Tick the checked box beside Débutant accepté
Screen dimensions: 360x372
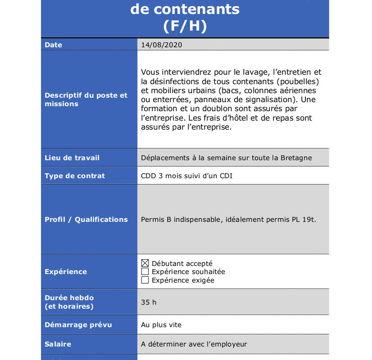(x=145, y=263)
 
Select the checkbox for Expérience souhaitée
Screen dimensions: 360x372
(x=145, y=271)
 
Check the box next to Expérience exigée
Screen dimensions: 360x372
(x=145, y=280)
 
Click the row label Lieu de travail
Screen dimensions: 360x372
(x=72, y=158)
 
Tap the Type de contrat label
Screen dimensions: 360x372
(x=75, y=176)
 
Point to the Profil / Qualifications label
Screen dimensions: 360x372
(x=86, y=220)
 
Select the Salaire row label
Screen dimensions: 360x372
(x=58, y=344)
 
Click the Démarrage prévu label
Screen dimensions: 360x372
(x=78, y=325)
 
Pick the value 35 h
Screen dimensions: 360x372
(x=149, y=302)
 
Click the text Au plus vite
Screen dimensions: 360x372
(x=161, y=325)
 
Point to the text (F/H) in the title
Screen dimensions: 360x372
(x=185, y=26)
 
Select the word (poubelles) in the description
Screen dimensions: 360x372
(x=298, y=81)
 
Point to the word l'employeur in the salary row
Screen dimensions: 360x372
(x=225, y=344)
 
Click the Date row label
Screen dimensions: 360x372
(x=54, y=45)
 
